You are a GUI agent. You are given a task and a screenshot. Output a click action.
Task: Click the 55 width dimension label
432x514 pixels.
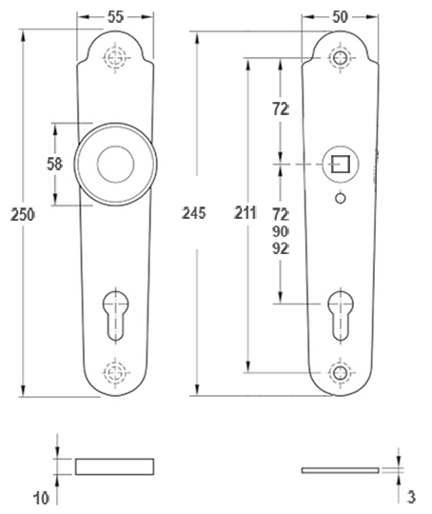[115, 17]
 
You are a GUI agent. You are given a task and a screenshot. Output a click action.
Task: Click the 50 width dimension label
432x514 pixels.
[340, 17]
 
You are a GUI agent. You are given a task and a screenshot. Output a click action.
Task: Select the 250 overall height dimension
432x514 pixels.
[22, 215]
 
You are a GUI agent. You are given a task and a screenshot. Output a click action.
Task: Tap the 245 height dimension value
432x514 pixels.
[194, 213]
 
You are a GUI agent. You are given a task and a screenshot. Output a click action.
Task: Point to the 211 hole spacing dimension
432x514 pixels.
[245, 213]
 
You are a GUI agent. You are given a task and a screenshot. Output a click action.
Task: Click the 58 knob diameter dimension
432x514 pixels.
[54, 164]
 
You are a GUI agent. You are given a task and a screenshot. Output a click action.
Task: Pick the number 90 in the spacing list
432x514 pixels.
[281, 231]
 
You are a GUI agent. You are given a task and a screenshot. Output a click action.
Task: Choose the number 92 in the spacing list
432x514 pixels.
[281, 249]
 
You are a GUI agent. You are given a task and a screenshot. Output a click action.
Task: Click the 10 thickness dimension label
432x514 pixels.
[41, 499]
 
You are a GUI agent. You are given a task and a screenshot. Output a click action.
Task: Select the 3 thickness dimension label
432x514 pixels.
[411, 497]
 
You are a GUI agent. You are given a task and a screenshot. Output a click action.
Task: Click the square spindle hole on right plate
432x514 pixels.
[341, 164]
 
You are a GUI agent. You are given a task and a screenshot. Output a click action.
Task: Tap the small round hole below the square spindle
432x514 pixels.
[341, 198]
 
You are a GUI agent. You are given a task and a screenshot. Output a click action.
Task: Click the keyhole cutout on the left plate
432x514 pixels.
[116, 315]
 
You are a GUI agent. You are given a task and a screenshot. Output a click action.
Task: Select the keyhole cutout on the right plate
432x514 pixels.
[341, 315]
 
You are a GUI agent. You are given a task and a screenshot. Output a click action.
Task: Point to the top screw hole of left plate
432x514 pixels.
[115, 58]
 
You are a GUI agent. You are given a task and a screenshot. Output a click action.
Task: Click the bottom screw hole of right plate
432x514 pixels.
[340, 373]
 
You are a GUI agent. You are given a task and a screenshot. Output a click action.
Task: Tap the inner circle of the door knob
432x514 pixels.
[116, 165]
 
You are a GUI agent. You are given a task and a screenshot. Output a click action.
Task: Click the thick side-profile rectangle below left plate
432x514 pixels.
[115, 466]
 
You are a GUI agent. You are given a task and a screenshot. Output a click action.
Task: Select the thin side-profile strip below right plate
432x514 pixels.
[341, 470]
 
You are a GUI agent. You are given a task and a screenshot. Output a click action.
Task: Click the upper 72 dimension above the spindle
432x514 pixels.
[281, 109]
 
